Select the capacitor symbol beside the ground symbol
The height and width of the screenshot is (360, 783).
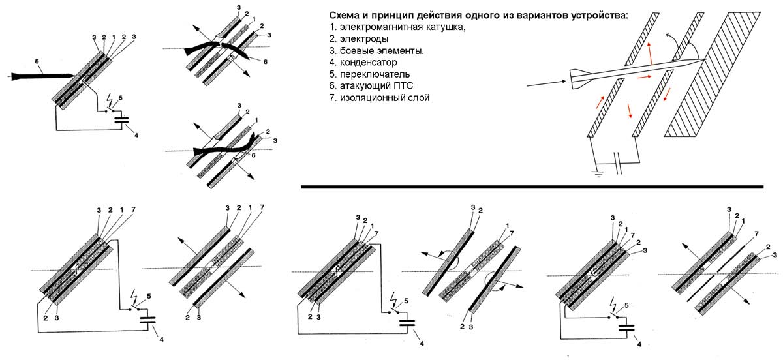(x=619, y=161)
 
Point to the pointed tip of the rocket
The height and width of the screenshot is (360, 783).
(x=702, y=61)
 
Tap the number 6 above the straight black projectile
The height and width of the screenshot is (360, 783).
(x=38, y=63)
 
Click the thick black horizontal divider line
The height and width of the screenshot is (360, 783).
(x=532, y=187)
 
